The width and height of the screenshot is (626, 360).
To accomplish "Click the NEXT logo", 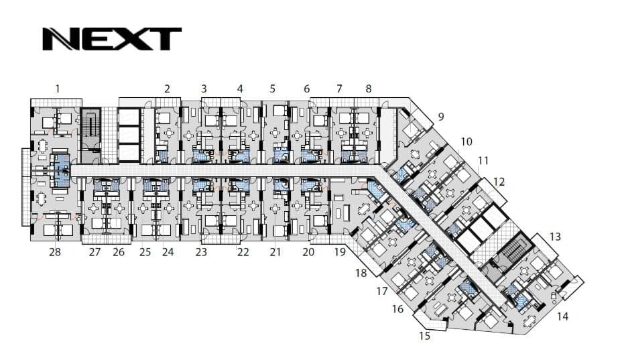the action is [112, 39].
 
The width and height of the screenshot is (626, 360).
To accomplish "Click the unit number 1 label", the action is [58, 88].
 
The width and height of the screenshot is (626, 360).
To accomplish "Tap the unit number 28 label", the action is [55, 252].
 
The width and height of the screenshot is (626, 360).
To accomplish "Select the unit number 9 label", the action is [441, 117].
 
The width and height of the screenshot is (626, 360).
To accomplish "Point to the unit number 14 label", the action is [562, 316].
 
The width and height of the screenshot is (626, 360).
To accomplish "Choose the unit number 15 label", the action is [424, 336].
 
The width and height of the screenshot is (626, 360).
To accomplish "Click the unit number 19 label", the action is [340, 252].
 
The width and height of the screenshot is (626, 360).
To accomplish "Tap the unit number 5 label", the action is [272, 88].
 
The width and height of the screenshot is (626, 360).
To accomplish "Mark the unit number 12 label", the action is [499, 182].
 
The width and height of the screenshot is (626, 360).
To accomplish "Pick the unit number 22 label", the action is [243, 252].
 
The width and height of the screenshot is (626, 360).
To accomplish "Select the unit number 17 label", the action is [382, 292].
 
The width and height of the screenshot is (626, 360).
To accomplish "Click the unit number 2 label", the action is [168, 88].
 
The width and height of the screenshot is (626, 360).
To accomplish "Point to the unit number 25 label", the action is [145, 252].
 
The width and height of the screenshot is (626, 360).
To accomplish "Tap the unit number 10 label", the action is [466, 141].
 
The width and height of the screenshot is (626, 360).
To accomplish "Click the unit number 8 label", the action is [369, 88].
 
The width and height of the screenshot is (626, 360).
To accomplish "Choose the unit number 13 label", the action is [555, 237].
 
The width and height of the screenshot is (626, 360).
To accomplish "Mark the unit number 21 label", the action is [275, 252].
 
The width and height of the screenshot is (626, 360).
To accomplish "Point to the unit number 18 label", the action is [361, 273].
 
